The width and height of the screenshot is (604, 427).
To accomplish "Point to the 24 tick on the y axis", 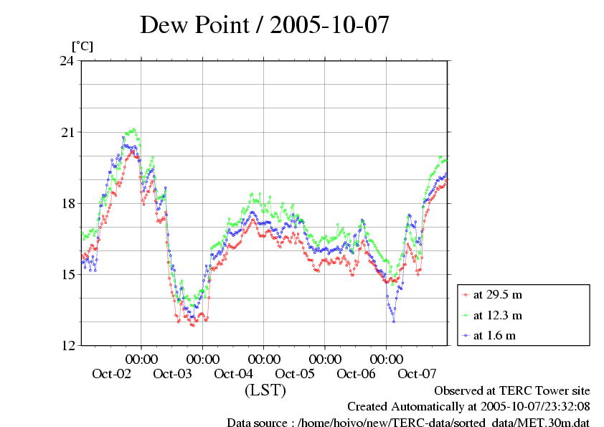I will click(x=67, y=61).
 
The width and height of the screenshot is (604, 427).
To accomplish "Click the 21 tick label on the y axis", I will click(x=67, y=132).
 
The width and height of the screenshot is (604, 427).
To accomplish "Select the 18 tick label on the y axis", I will click(x=67, y=203).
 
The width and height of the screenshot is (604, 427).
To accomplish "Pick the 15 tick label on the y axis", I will click(x=67, y=274).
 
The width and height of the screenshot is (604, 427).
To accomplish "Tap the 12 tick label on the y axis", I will click(x=67, y=345).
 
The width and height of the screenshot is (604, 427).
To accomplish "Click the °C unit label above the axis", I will click(x=82, y=46).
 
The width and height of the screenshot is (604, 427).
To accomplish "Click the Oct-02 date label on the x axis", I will click(x=112, y=374).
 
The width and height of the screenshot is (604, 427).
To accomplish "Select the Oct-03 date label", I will click(x=173, y=374).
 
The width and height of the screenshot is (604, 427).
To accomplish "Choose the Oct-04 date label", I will click(x=234, y=374).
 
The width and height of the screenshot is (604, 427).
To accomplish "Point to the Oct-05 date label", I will click(x=295, y=374).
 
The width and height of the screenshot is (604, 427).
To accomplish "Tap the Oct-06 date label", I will click(x=356, y=374).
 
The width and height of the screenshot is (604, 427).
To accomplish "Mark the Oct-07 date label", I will click(x=417, y=374).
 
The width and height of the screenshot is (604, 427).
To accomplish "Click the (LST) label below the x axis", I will click(x=265, y=391).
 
